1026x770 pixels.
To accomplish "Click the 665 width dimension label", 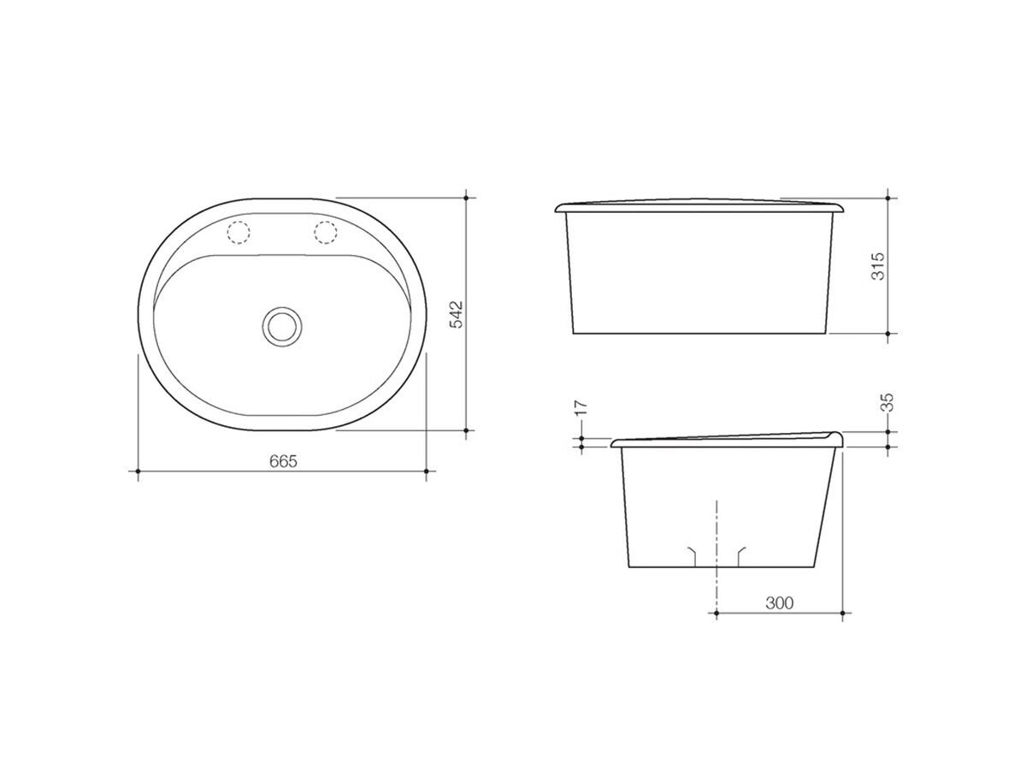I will point(282,461).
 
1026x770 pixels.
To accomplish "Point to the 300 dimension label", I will point(780,603).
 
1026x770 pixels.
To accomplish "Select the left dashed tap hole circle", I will point(238,231).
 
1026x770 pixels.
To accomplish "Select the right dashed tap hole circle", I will point(326,231).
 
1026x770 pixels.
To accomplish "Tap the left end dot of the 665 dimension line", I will point(139,471).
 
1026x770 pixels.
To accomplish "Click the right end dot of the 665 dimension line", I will point(426,471).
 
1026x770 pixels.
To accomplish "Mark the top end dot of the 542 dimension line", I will point(466,198).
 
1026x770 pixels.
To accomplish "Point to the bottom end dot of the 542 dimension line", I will point(466,431).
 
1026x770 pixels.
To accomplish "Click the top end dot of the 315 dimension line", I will point(890,198).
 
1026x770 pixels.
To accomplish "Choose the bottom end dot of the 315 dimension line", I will point(890,333).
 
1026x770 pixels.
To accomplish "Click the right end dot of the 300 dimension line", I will point(844,613).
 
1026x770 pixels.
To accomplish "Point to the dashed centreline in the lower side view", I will point(716,539).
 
